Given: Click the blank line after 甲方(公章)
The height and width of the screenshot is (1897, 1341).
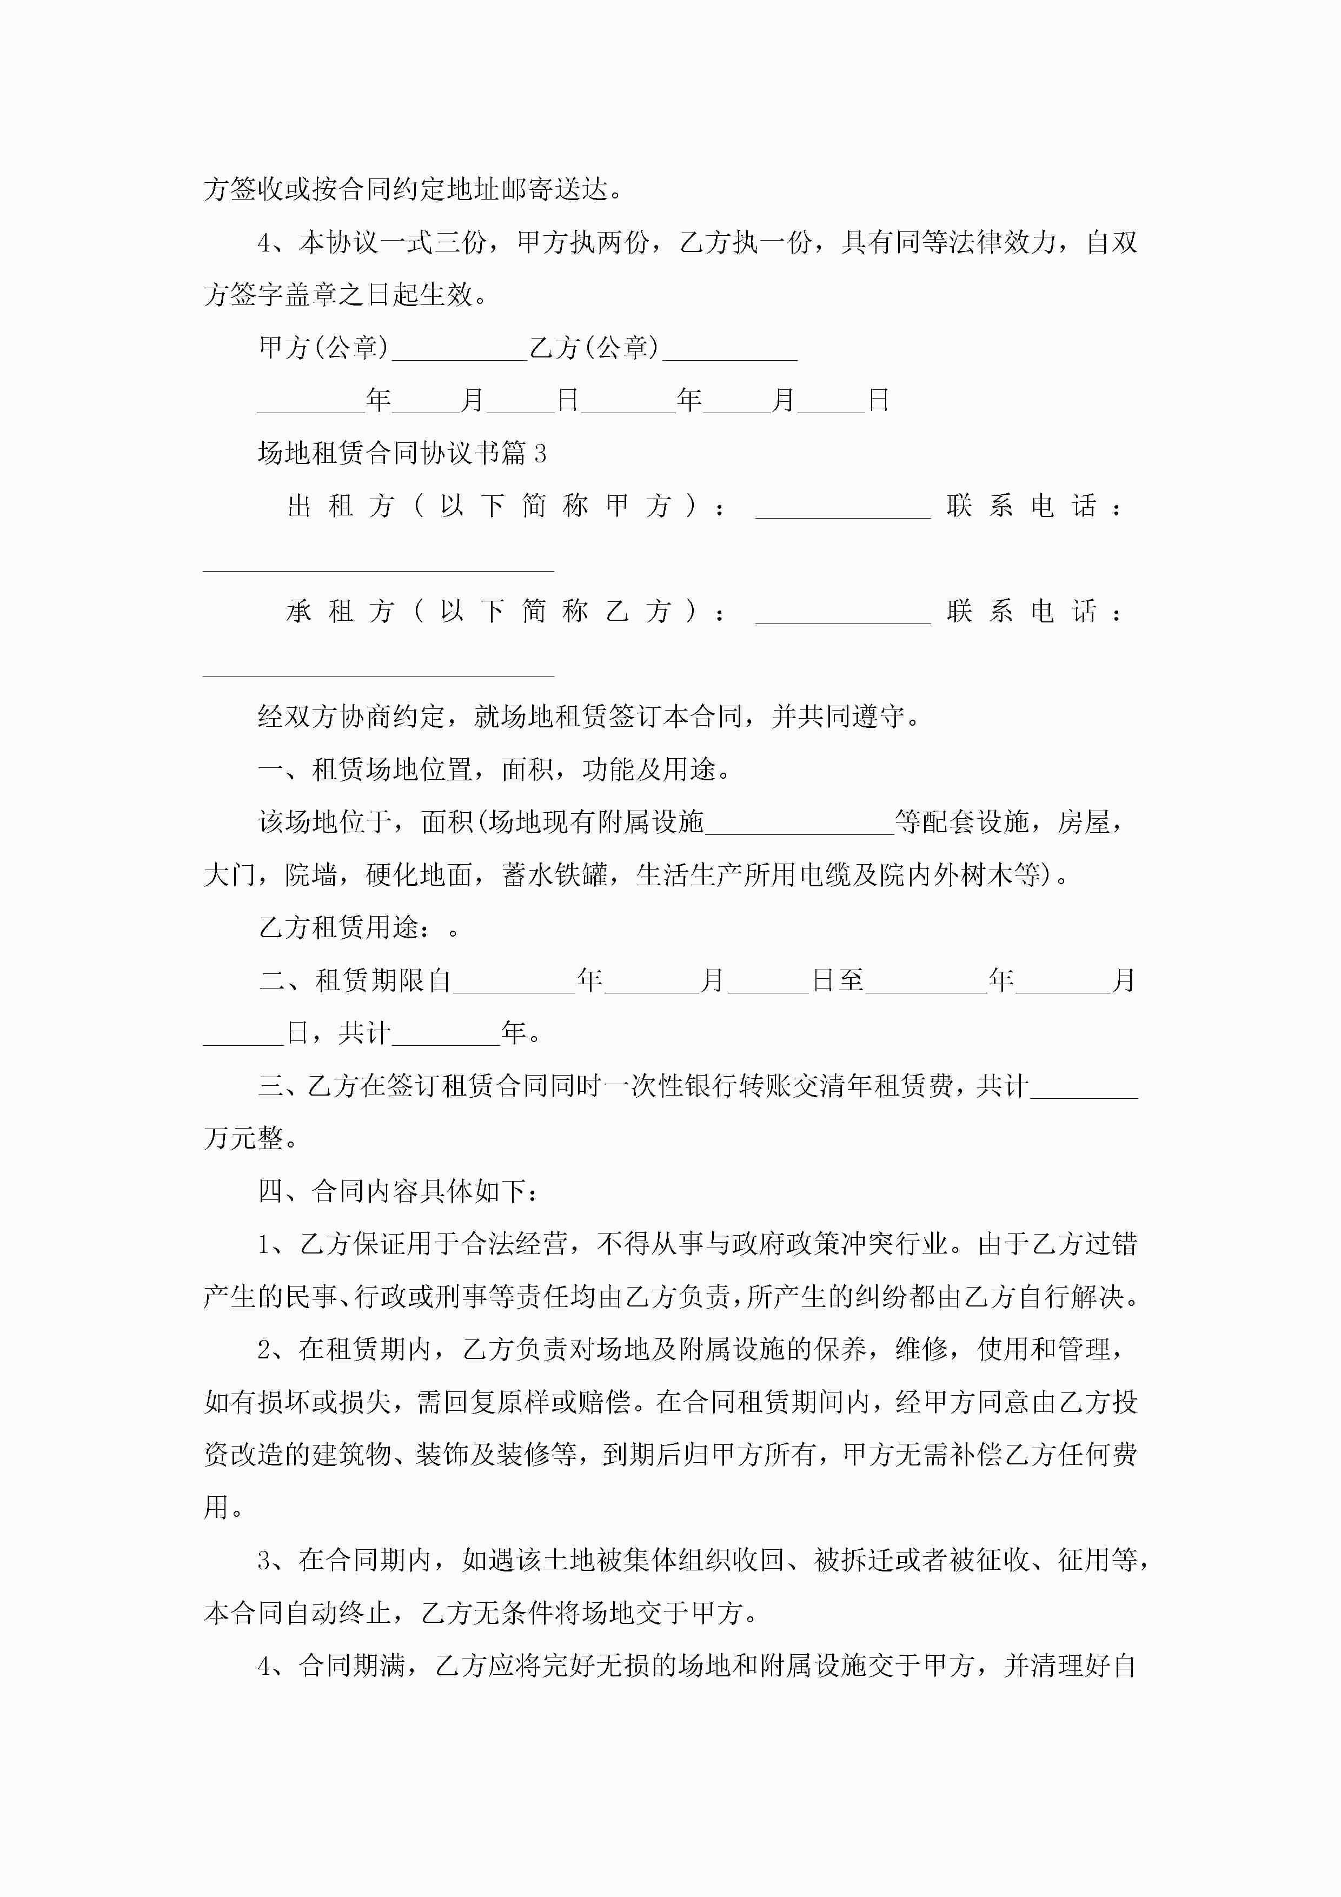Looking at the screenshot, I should (460, 351).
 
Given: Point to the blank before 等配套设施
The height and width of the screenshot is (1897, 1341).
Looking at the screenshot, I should (799, 825).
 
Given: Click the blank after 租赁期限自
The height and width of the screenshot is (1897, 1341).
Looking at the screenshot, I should (513, 983).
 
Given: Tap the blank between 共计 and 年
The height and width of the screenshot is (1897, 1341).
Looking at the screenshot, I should (446, 1035).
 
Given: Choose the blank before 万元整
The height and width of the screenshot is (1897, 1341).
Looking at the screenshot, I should (1084, 1088).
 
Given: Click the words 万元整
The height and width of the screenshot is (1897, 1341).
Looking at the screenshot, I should (244, 1139).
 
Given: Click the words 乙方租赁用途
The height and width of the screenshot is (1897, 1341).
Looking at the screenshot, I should (338, 928).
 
